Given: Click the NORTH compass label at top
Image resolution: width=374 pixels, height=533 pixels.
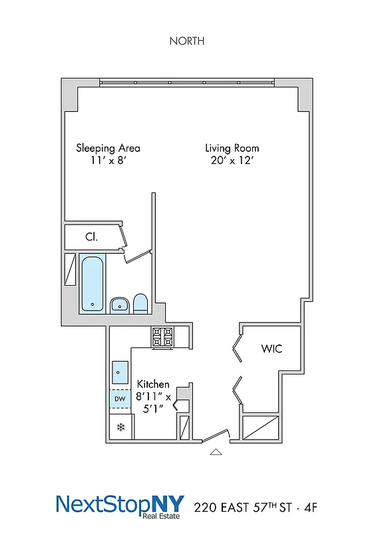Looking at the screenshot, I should [186, 41].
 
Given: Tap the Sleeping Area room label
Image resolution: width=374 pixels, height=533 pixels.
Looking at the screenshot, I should [108, 148].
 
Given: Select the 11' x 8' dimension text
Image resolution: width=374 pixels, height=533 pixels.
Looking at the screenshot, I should [108, 161].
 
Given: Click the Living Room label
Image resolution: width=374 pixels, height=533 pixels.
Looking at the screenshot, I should [232, 148].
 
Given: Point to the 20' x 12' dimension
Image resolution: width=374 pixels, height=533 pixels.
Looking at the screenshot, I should [232, 161].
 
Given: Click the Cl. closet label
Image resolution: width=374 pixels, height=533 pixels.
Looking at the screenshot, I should [91, 237].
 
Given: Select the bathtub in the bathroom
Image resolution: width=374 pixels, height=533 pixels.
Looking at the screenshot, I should [92, 284].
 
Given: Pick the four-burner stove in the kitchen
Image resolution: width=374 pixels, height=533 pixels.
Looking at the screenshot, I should [162, 338].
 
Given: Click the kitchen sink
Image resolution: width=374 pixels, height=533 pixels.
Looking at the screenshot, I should [120, 370].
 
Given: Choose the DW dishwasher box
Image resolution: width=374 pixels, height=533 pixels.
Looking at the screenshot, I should [120, 399].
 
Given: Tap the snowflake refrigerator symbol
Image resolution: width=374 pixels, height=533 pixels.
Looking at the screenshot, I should [120, 426].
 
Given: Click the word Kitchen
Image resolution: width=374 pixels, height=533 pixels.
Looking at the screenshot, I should [153, 384].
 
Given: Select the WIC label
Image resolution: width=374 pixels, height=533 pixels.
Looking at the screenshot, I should [272, 348].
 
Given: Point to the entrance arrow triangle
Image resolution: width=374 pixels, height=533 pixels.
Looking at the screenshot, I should [215, 452].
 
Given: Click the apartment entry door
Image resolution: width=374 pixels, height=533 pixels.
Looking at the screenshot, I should [215, 436].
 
